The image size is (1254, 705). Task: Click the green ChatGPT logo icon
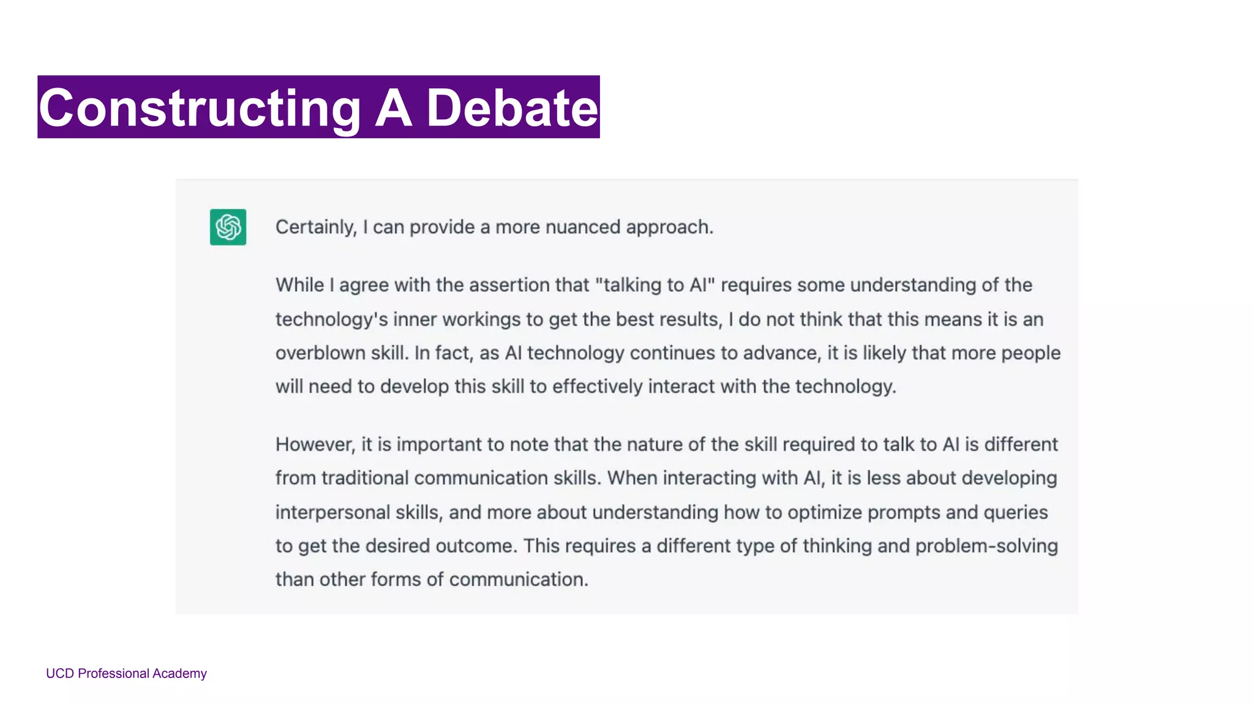228,227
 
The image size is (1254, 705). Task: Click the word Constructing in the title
200,108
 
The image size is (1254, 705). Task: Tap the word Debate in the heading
512,108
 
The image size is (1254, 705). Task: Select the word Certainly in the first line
315,227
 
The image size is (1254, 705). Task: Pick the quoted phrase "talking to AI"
655,285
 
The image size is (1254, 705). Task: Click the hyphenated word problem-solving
986,546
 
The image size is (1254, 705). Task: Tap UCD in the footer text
59,674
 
